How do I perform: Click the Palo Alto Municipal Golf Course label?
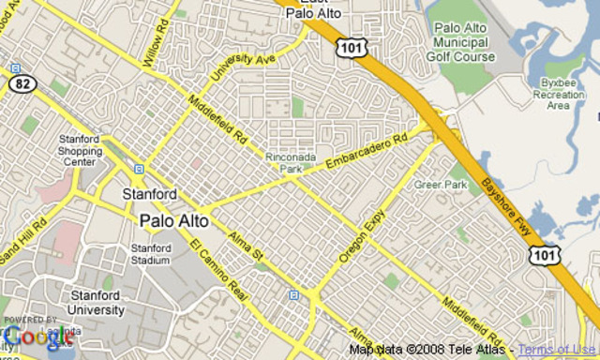pos(460,42)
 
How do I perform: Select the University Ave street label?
pos(243,65)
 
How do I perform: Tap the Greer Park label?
pos(441,186)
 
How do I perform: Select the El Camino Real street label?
pos(220,271)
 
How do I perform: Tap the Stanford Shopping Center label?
pos(80,150)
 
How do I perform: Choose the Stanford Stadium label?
pos(150,254)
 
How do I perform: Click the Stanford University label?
pos(96,303)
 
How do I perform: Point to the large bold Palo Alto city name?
pos(174,222)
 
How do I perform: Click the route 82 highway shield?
pos(22,82)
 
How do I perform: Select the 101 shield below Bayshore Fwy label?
pos(543,255)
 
